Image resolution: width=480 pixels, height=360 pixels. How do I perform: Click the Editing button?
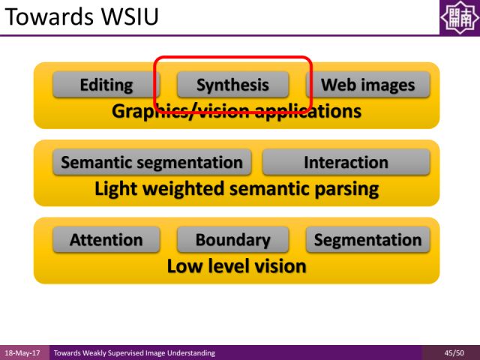106,85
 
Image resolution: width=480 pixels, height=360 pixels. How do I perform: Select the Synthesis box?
232,85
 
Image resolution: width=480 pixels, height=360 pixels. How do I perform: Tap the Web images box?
367,85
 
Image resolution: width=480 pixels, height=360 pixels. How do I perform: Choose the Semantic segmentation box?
151,162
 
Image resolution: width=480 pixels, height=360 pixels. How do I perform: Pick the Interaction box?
346,162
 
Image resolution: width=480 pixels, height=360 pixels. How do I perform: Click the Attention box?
106,240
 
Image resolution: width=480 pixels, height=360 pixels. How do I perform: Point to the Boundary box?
232,240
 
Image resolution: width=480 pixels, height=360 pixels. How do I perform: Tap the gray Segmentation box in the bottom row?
367,240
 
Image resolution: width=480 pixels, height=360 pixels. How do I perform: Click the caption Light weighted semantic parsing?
236,188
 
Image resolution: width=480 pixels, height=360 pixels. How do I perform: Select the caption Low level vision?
236,266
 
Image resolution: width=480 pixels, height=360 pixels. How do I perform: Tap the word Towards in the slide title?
44,16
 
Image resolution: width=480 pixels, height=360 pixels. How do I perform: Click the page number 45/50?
453,352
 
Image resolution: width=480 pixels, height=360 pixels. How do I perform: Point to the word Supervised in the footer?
142,352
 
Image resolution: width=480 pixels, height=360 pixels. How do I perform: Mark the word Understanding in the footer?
194,352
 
